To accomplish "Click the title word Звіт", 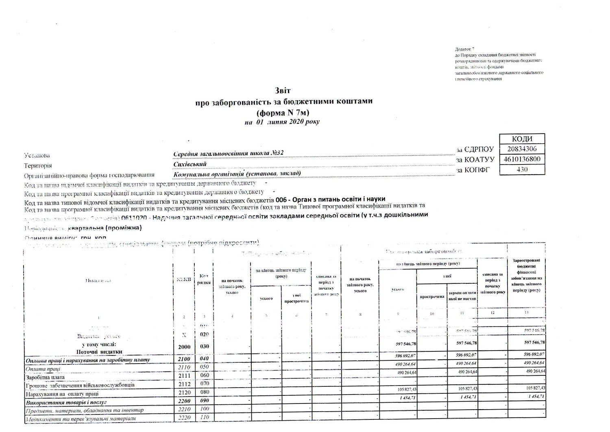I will tap(283, 90).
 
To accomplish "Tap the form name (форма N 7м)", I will tap(284, 112).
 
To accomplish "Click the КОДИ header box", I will tap(522, 138).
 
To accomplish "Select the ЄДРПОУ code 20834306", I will tap(522, 149).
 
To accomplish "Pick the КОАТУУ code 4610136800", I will tap(522, 159).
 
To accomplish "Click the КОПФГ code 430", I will tap(522, 169).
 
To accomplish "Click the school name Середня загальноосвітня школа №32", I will tap(228, 153).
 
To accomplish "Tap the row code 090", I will tap(205, 401).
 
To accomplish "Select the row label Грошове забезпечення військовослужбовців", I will tap(78, 385).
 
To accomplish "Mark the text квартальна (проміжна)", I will tap(105, 228).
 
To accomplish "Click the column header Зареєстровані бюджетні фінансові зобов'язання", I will tap(527, 275).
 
